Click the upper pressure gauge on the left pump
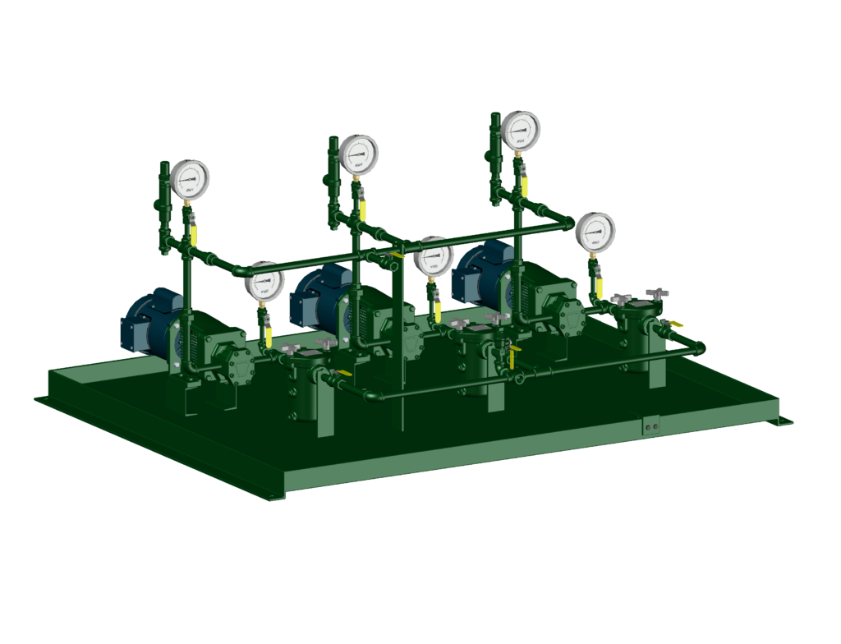coord(190,178)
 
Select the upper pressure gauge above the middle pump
coord(358,154)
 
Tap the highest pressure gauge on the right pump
coord(521,130)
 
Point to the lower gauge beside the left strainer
coord(263,282)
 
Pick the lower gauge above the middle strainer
coord(434,256)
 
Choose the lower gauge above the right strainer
coord(595,232)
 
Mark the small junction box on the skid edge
coord(652,427)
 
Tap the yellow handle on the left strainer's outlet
coord(342,374)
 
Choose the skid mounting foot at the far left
coord(39,399)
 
